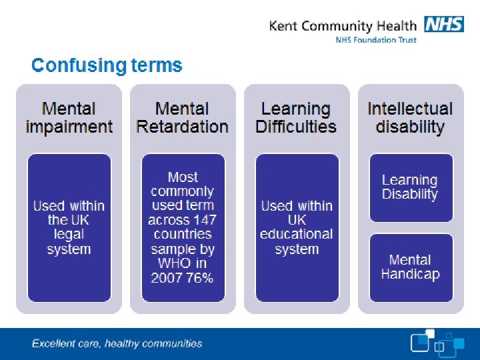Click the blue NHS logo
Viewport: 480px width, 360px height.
(x=443, y=25)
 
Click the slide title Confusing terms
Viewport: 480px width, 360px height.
(x=107, y=65)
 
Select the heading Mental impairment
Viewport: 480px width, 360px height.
(x=69, y=117)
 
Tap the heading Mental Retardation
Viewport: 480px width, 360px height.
(x=182, y=117)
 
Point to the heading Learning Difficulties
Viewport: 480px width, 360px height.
(x=296, y=117)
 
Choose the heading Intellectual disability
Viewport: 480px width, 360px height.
(x=410, y=117)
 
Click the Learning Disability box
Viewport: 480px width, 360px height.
(x=410, y=187)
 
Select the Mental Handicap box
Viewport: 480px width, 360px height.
(x=410, y=267)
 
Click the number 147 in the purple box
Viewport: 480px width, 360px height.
(x=201, y=220)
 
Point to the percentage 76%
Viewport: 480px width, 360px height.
(x=200, y=278)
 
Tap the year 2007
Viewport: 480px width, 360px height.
(x=167, y=278)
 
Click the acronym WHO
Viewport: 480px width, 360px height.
(x=174, y=263)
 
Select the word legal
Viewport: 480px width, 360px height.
(x=69, y=235)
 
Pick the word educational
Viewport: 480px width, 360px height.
(x=296, y=234)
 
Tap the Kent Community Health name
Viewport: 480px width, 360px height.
(x=343, y=26)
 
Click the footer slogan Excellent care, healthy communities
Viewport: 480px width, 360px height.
(x=117, y=344)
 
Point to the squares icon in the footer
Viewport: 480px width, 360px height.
(x=436, y=343)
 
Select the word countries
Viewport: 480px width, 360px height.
(x=183, y=234)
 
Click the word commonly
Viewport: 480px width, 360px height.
(x=183, y=191)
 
